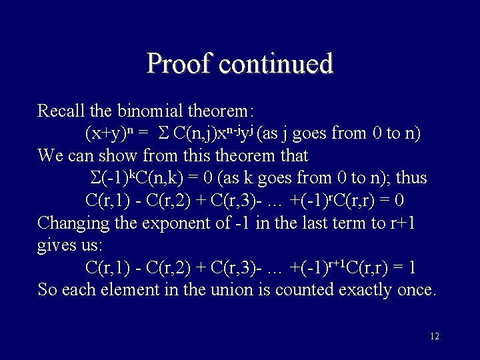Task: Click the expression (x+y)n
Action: [x=110, y=133]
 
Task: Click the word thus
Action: [x=411, y=178]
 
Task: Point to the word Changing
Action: [x=72, y=222]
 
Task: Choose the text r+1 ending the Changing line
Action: [x=403, y=222]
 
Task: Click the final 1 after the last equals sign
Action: [x=413, y=267]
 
